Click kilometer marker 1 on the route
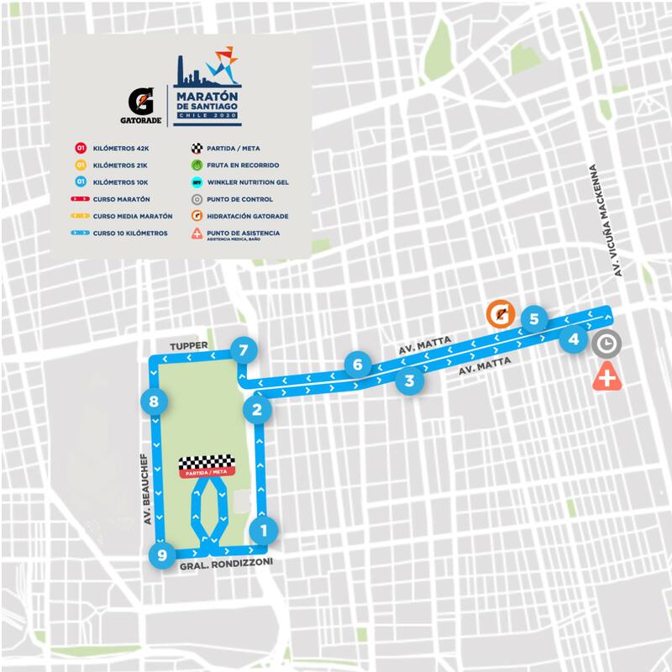tap(264, 530)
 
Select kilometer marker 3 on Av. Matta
tap(409, 381)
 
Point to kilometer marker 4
tap(574, 339)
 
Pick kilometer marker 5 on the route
tap(533, 319)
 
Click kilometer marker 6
tap(358, 365)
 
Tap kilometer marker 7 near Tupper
tap(244, 350)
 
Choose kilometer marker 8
tap(153, 402)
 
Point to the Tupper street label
tap(187, 345)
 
